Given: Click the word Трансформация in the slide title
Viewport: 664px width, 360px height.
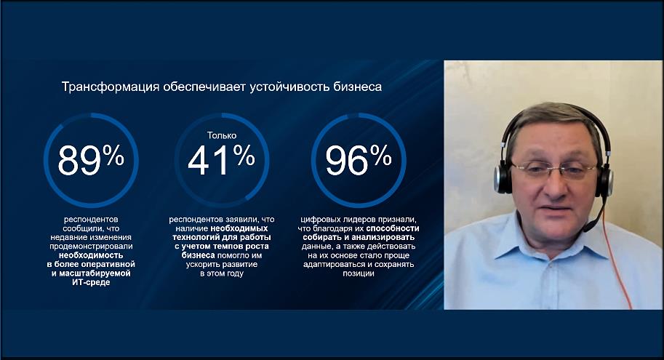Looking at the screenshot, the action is pyautogui.click(x=111, y=87).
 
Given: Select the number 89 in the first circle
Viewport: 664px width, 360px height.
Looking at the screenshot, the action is pyautogui.click(x=79, y=160).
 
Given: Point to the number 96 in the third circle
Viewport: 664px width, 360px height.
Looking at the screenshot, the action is pyautogui.click(x=347, y=160).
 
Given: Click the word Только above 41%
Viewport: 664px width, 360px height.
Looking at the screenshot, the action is pyautogui.click(x=222, y=135).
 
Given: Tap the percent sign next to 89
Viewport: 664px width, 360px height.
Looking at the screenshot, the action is pyautogui.click(x=113, y=155).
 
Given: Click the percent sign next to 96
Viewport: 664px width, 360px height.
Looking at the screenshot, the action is pyautogui.click(x=380, y=155).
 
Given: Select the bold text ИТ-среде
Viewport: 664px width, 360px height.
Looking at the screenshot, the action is pyautogui.click(x=91, y=282).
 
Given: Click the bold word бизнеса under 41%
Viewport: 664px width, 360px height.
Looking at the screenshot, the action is pyautogui.click(x=199, y=255).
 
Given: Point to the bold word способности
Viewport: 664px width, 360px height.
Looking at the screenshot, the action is pyautogui.click(x=393, y=228).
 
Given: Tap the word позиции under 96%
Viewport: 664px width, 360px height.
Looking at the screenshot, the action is pyautogui.click(x=359, y=273).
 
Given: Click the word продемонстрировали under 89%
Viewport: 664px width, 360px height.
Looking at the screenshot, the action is pyautogui.click(x=91, y=247).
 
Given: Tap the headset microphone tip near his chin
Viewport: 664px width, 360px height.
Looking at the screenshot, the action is pyautogui.click(x=585, y=228).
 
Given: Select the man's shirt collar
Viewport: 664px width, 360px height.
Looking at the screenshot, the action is pyautogui.click(x=551, y=237).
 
